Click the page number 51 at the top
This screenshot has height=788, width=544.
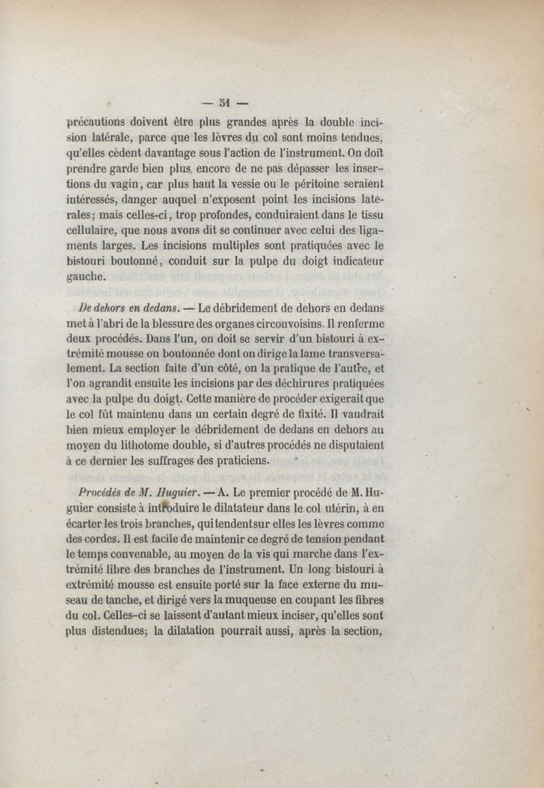pyautogui.click(x=226, y=103)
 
